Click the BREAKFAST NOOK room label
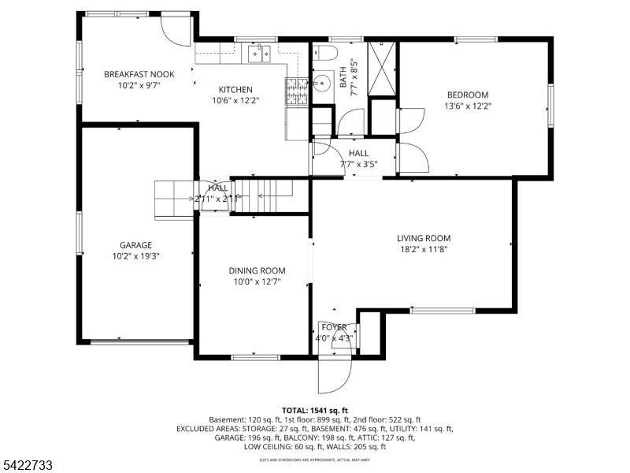[139, 74]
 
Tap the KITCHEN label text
[235, 89]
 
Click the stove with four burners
[297, 92]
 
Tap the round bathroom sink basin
[323, 85]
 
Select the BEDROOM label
[467, 95]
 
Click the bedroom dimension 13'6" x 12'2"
[467, 106]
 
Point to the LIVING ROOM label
[423, 238]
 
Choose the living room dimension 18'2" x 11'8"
[423, 249]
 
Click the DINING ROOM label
[257, 270]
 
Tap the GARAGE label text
[135, 245]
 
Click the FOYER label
[334, 327]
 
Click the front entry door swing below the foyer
[333, 375]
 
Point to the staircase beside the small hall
[265, 195]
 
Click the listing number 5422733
[28, 466]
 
